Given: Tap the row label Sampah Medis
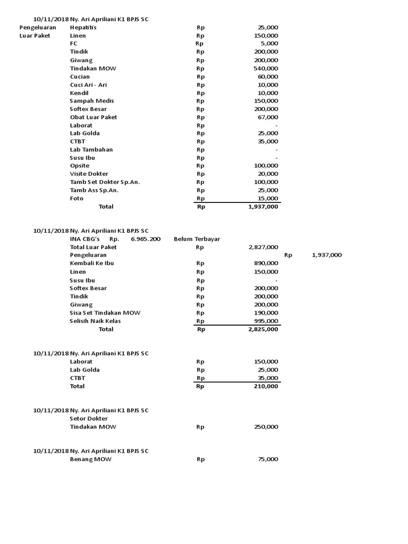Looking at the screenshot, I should coord(92,101).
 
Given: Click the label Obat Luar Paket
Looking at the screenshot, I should coord(93,117).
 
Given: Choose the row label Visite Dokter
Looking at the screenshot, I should coord(89,174).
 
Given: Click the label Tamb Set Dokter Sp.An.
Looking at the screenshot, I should coord(105,182).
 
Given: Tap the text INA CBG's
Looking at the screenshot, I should coord(85,239).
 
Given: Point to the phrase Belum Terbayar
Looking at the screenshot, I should coord(197,239).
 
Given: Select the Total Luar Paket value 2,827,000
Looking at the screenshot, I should coord(263,248).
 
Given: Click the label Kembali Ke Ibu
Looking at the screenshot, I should coord(92,263).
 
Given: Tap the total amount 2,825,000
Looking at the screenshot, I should coord(263,329).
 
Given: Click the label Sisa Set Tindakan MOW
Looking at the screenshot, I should coord(105,313).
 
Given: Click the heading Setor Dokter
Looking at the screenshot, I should coord(89,419).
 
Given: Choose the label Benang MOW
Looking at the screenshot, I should coord(91,460).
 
